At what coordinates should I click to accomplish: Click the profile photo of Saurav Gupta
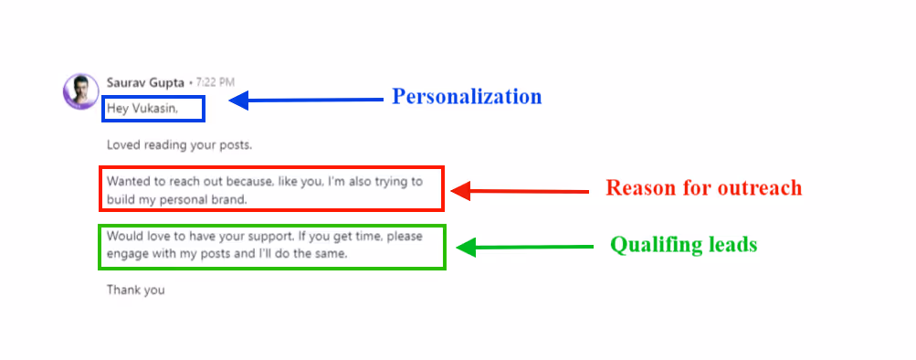(x=79, y=90)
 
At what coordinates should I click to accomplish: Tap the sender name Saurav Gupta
(x=145, y=81)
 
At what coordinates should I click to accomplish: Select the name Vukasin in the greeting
(x=154, y=109)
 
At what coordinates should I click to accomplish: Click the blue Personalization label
(x=467, y=97)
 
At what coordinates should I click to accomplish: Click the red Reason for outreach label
(x=703, y=188)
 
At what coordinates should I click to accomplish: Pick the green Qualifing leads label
(x=683, y=245)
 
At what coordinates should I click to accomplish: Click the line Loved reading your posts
(x=179, y=144)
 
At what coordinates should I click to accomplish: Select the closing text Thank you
(x=135, y=291)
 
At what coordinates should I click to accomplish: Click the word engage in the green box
(x=127, y=253)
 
